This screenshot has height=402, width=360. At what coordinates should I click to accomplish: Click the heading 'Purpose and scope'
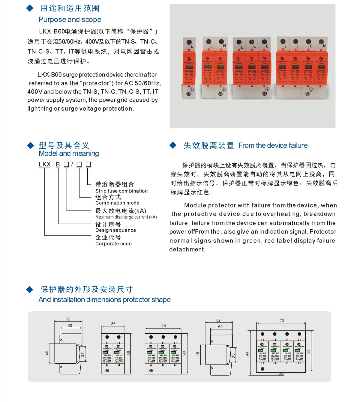tap(70, 20)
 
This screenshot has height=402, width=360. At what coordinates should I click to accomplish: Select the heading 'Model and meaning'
tap(69, 153)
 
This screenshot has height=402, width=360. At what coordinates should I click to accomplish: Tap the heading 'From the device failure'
tap(273, 146)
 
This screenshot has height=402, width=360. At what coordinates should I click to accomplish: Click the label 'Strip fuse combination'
tap(121, 191)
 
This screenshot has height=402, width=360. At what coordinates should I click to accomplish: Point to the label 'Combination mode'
tap(117, 203)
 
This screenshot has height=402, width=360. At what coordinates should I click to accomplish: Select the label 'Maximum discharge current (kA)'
tap(126, 217)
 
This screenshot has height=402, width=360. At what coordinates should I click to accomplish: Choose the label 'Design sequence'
tap(115, 230)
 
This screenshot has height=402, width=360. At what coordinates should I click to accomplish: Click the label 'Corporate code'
tap(113, 244)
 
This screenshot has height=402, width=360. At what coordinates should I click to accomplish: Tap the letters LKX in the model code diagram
tap(45, 165)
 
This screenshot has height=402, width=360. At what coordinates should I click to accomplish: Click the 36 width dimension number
tap(113, 324)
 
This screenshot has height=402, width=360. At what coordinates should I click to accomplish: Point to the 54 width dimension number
tap(163, 326)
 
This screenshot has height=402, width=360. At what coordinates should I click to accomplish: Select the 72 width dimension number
tap(282, 320)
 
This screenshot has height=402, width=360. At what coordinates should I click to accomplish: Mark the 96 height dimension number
tap(247, 354)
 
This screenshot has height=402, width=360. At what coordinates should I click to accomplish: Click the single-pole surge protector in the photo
tap(189, 69)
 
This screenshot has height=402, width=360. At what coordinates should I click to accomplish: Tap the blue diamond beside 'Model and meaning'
tap(30, 146)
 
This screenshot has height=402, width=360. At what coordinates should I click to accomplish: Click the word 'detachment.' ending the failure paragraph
tap(187, 249)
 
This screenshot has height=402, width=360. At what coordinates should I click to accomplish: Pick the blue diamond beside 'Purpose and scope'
tap(30, 8)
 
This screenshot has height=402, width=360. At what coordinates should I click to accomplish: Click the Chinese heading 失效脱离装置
tap(208, 146)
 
